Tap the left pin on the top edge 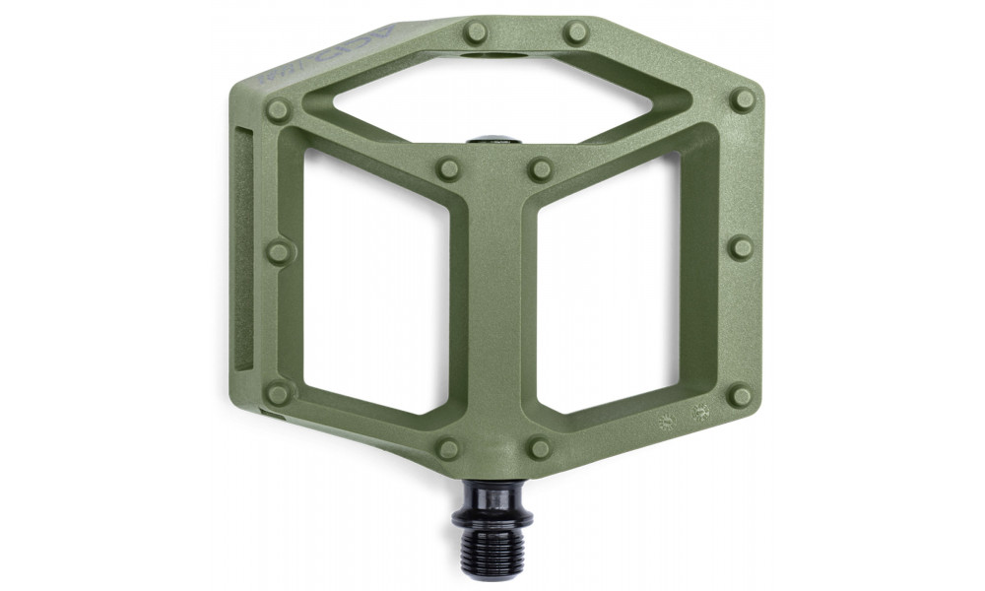click(x=477, y=33)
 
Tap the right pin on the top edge click(x=576, y=33)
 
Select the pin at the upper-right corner click(x=744, y=99)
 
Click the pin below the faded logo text click(x=279, y=109)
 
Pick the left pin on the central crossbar click(x=449, y=168)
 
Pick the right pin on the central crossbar click(x=540, y=168)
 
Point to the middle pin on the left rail click(x=279, y=252)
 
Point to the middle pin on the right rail click(x=741, y=247)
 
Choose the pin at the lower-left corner click(x=279, y=394)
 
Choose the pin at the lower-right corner click(x=741, y=396)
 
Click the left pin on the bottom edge click(x=449, y=448)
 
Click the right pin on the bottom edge click(x=540, y=448)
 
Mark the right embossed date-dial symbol click(x=701, y=413)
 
